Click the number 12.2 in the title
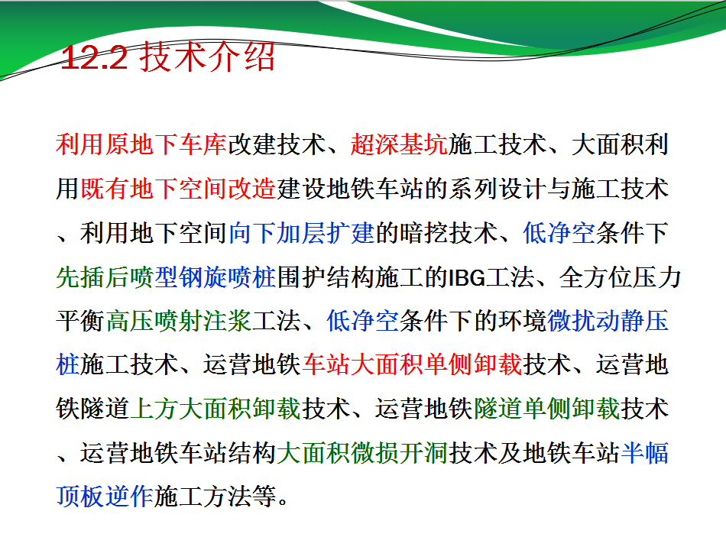pyautogui.click(x=94, y=58)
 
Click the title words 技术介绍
pyautogui.click(x=207, y=57)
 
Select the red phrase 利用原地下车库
pyautogui.click(x=141, y=144)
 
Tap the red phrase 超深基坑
pyautogui.click(x=399, y=144)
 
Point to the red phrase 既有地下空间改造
pyautogui.click(x=178, y=189)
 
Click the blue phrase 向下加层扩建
pyautogui.click(x=301, y=233)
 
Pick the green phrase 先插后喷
pyautogui.click(x=105, y=277)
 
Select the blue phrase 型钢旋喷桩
pyautogui.click(x=216, y=277)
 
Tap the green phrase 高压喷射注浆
pyautogui.click(x=178, y=321)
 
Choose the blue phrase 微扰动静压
pyautogui.click(x=608, y=321)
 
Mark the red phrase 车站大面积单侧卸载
pyautogui.click(x=412, y=365)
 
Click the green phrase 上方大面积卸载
pyautogui.click(x=216, y=409)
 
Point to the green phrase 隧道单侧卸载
pyautogui.click(x=547, y=409)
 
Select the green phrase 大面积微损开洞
pyautogui.click(x=362, y=453)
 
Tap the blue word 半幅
pyautogui.click(x=644, y=453)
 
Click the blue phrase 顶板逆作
pyautogui.click(x=105, y=497)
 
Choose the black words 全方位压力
pyautogui.click(x=620, y=277)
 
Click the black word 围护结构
pyautogui.click(x=326, y=277)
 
